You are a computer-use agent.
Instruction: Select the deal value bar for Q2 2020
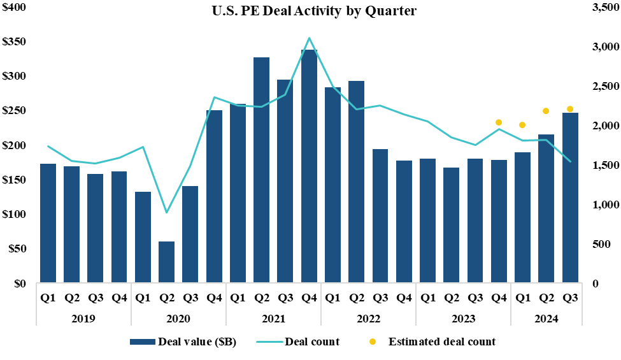coord(167,261)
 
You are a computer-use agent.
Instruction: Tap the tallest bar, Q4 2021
coord(309,166)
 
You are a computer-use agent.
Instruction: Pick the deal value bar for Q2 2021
coord(262,169)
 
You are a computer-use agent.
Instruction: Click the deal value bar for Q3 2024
coord(570,198)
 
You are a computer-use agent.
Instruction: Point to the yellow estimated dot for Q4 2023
coord(499,122)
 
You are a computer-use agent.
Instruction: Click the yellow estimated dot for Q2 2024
coord(546,111)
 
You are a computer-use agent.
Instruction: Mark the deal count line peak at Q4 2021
coord(309,38)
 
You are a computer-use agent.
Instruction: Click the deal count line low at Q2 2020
coord(167,212)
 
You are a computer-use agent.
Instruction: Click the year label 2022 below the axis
coord(368,318)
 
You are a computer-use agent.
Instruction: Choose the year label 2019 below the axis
coord(84,318)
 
